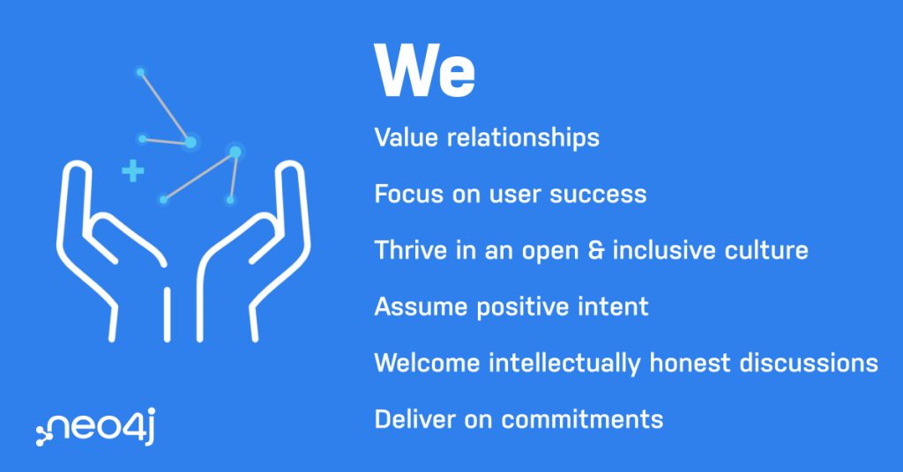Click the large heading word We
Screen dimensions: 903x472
coord(424,70)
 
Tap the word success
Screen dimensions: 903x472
coord(598,195)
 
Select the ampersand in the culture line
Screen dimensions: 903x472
coord(595,251)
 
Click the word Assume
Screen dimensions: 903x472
coord(421,306)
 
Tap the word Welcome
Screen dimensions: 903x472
coord(427,363)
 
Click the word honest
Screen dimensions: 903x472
coord(690,363)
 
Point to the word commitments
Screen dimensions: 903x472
coord(582,419)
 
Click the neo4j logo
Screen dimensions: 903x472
coord(95,426)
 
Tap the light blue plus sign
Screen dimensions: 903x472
coord(132,171)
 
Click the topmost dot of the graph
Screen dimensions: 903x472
coord(140,72)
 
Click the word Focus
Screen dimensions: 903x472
coord(408,195)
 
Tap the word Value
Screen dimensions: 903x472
coord(406,138)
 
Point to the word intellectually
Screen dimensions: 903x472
coord(564,364)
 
